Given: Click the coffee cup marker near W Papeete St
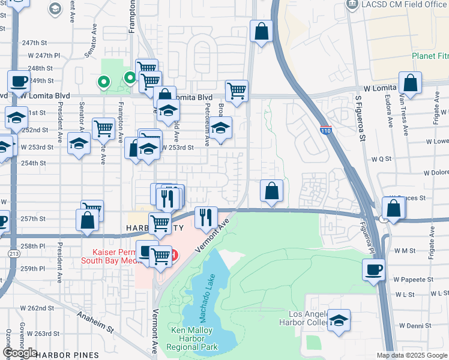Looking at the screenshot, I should [373, 269].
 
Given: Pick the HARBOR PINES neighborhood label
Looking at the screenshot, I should [67, 355].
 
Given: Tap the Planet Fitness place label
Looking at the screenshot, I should [430, 56].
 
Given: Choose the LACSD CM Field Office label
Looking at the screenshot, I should [405, 5].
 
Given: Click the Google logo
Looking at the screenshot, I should [19, 353].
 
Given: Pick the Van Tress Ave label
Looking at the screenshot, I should [406, 112].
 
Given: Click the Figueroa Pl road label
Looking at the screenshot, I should [368, 235].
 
